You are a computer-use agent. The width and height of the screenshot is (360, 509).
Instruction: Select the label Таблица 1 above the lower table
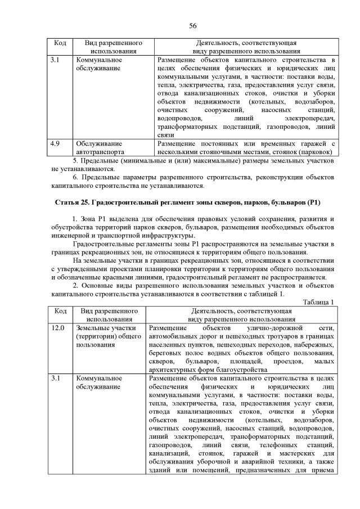(318, 302)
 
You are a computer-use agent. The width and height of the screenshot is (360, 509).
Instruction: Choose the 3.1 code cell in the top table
(55, 59)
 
